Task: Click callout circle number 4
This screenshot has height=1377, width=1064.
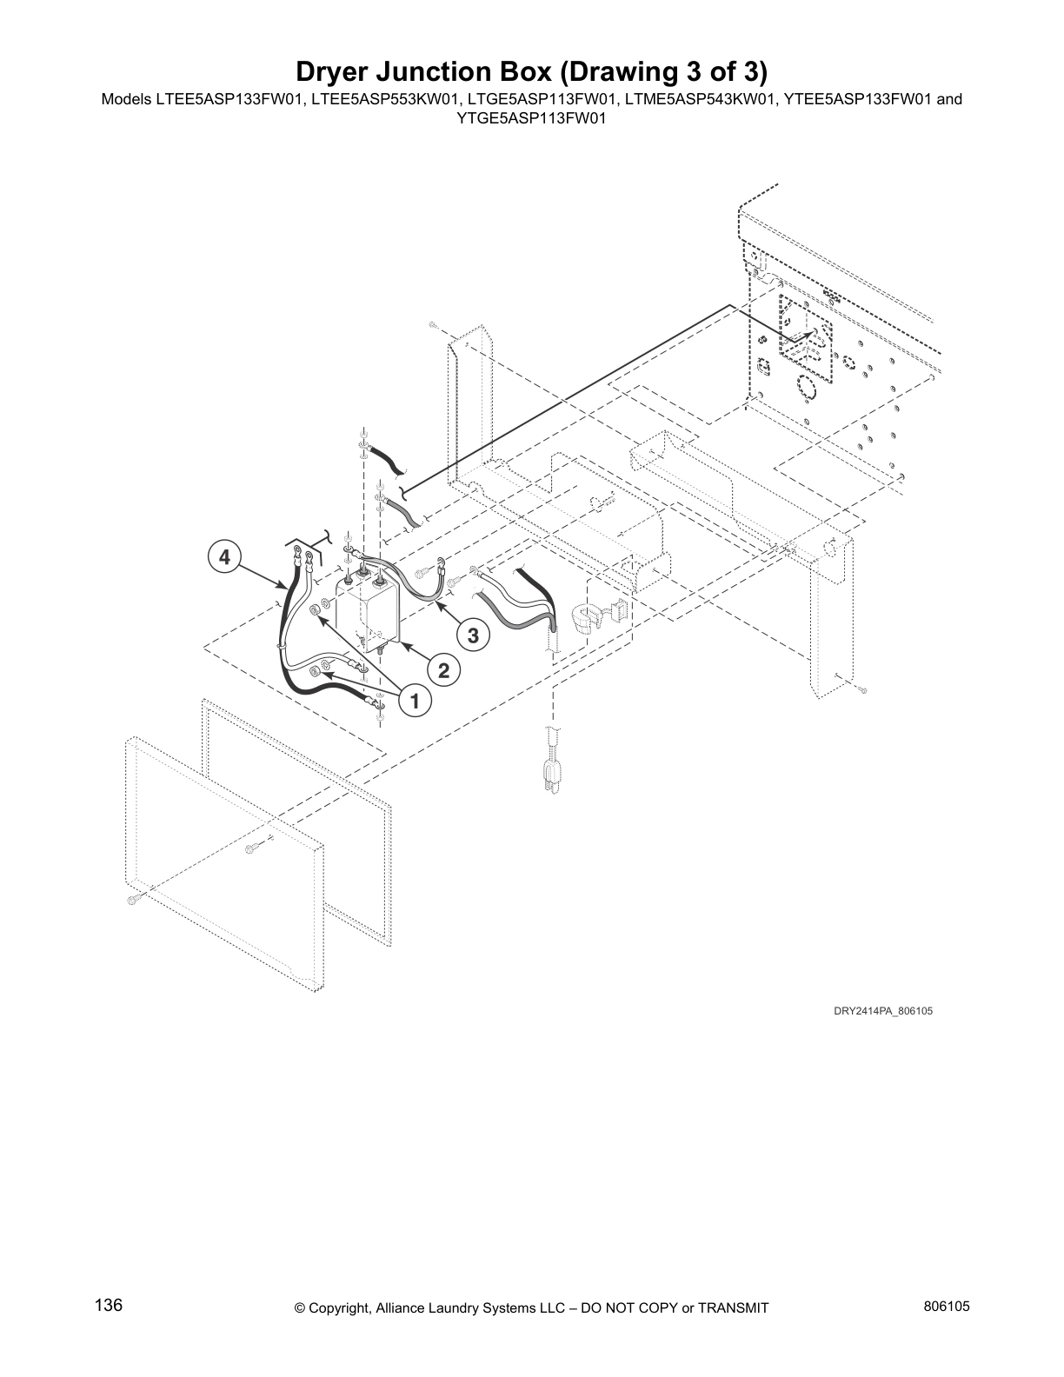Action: pos(224,556)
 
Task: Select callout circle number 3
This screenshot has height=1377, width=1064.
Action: pos(473,636)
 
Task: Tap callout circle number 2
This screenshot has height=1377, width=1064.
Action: pos(443,670)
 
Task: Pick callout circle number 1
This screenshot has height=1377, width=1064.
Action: pos(416,701)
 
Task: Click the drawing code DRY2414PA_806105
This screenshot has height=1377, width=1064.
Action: pos(883,1011)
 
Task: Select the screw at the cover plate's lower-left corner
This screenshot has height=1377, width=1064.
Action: pos(132,899)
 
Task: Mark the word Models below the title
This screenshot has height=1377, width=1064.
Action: pos(127,99)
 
